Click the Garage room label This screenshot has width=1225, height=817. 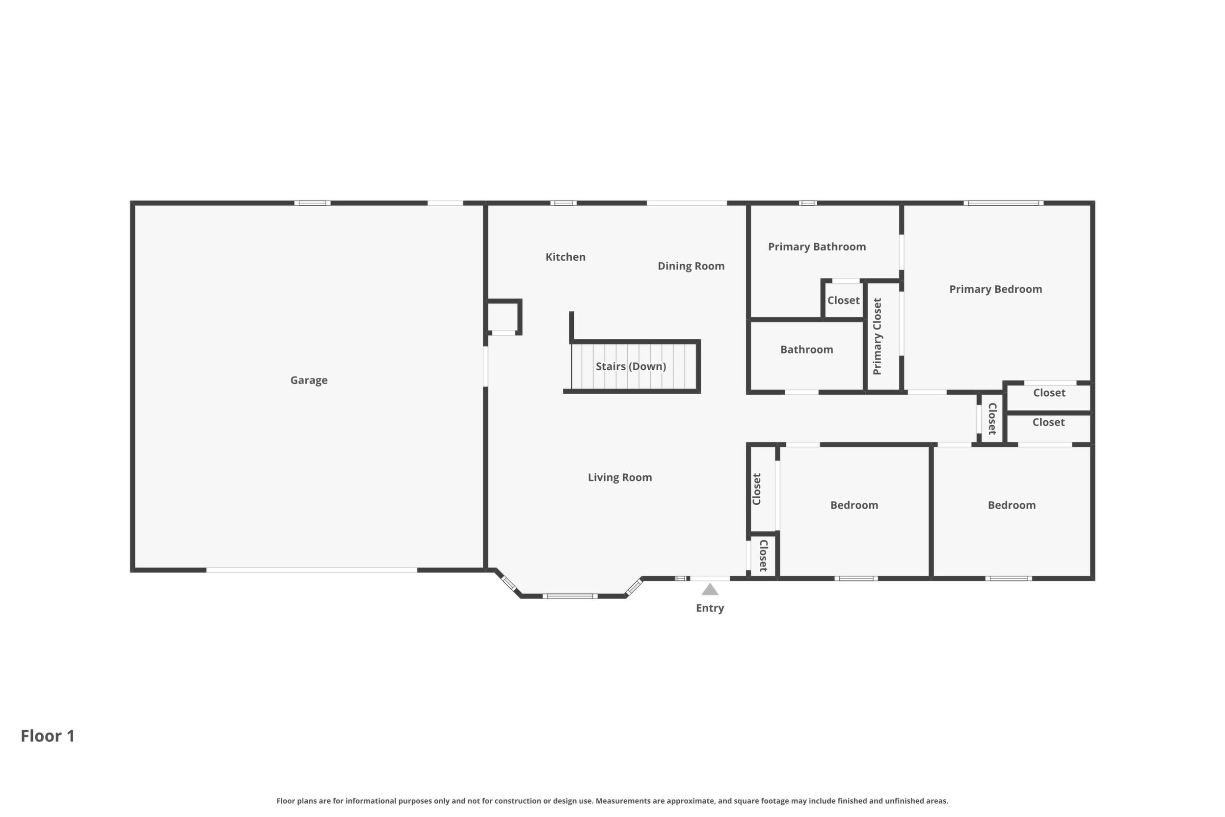point(309,381)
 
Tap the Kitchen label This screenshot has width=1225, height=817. point(565,257)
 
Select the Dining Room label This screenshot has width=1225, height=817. point(691,266)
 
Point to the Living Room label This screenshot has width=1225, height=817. point(620,477)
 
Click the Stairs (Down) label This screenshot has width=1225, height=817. point(631,366)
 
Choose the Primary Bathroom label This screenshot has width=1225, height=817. point(817,247)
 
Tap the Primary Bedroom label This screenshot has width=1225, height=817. point(995,289)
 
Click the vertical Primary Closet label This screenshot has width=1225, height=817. point(877,336)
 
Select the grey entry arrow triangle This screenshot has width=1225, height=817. point(710,589)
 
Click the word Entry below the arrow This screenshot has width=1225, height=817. point(710,608)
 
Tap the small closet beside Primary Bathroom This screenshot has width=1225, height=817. point(843,300)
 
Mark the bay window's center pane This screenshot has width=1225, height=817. point(570,596)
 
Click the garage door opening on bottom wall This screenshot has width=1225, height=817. point(312,570)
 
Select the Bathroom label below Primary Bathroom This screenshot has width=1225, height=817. point(806,350)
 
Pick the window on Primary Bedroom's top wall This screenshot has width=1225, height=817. point(1003,203)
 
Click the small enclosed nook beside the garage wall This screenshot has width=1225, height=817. point(503,317)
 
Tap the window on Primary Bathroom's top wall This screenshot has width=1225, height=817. point(808,203)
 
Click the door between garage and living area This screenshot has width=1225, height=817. point(485,366)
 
